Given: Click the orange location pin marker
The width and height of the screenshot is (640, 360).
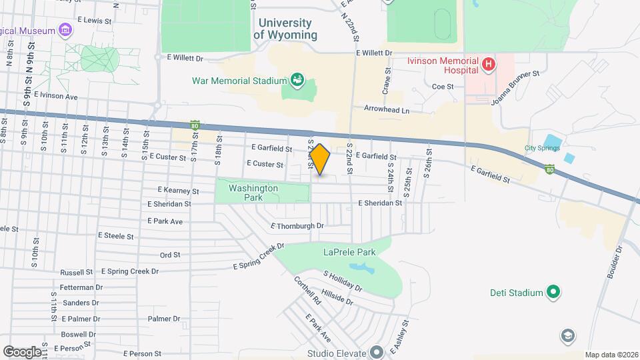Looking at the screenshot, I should [x=320, y=159].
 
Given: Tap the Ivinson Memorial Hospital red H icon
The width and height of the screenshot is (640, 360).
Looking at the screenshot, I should [x=489, y=65].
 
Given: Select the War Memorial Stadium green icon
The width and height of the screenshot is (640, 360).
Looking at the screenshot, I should [x=297, y=81].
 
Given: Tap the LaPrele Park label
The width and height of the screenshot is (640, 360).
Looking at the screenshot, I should [x=349, y=252].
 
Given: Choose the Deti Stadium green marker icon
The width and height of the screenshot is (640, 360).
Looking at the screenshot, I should [x=553, y=291].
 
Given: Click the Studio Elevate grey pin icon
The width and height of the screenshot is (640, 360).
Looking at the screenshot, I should [x=376, y=352].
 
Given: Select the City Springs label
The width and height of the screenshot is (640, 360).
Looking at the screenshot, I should [x=542, y=148].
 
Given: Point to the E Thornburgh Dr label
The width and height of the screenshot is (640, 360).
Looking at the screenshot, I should [x=297, y=226].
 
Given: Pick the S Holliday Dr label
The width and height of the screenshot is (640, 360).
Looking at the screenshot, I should [x=343, y=281].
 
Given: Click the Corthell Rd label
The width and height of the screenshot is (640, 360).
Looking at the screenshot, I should [x=307, y=291].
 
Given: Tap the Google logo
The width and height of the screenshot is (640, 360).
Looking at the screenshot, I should [x=21, y=351].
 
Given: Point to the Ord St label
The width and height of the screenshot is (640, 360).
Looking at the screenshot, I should [x=170, y=255].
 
